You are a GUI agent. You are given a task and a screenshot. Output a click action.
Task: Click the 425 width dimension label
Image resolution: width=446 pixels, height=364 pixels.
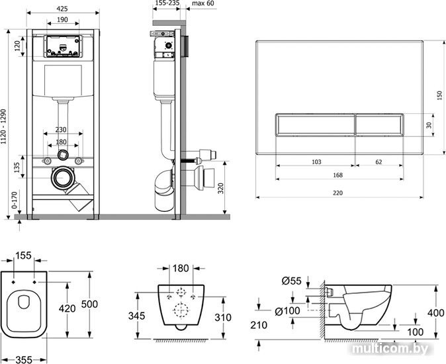tap(62, 9)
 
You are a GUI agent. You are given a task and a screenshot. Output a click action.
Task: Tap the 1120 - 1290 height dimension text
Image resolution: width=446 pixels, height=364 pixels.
tap(3, 126)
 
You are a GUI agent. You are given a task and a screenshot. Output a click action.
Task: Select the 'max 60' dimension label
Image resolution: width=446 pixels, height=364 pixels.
tap(203, 3)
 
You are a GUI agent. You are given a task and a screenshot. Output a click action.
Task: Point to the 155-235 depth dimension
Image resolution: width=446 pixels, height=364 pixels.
tap(168, 3)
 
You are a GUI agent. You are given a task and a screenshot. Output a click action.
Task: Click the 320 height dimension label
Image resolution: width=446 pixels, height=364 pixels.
tap(221, 188)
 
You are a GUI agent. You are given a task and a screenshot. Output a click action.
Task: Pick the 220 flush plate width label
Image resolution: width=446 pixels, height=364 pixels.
tap(337, 193)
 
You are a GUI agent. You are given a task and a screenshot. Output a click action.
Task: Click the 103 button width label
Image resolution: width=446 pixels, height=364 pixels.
tap(316, 161)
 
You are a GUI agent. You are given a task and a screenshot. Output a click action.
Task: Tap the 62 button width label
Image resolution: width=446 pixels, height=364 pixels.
tap(379, 161)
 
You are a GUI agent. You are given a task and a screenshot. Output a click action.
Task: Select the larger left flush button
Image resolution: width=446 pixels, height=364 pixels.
tap(315, 124)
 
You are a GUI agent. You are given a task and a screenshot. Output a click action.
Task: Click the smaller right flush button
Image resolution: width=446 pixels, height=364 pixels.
tap(379, 124)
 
